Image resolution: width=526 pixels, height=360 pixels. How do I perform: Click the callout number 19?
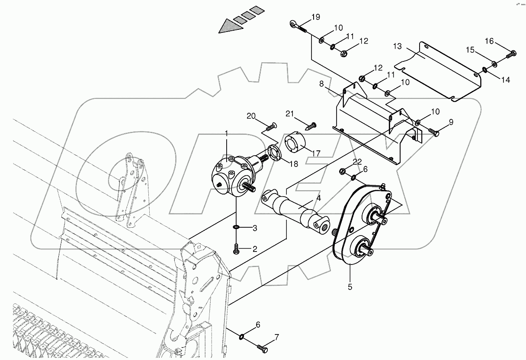315,17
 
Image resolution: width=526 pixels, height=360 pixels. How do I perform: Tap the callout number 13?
398,46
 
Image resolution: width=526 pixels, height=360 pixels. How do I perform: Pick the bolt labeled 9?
433,131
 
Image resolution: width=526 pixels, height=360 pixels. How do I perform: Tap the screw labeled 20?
270,126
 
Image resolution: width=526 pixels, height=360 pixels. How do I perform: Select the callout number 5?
350,286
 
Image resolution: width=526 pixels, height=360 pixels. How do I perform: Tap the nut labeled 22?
343,171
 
